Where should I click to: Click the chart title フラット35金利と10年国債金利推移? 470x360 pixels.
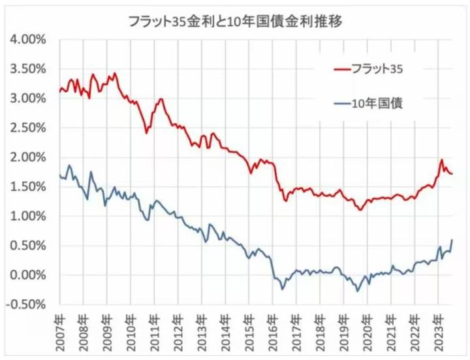pos(236,20)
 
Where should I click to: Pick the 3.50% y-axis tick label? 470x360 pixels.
pos(27,69)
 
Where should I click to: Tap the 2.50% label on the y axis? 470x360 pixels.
pos(27,127)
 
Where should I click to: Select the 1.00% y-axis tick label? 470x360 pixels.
pos(27,216)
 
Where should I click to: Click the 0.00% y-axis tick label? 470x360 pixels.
pos(27,274)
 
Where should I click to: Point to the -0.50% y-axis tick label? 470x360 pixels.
pos(25,304)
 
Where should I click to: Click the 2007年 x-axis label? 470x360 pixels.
pos(59,333)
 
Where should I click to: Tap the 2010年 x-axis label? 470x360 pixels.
pos(131,333)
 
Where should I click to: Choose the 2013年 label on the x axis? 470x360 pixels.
pos(202,333)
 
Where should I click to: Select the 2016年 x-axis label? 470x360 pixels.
pos(274,333)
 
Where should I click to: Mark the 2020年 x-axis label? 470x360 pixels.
pos(370,333)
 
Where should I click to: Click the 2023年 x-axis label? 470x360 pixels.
pos(441,333)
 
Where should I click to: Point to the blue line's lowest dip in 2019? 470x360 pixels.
pos(358,291)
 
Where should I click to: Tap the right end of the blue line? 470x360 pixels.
pos(452,240)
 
